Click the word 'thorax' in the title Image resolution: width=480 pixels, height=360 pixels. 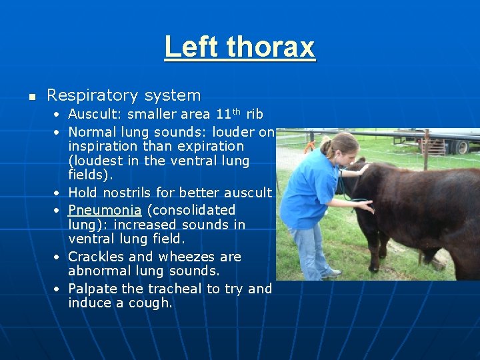(270, 47)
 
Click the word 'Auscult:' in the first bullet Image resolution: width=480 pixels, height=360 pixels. (95, 115)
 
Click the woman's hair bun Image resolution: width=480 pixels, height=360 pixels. (325, 143)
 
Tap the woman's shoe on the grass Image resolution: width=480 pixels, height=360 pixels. (331, 273)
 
